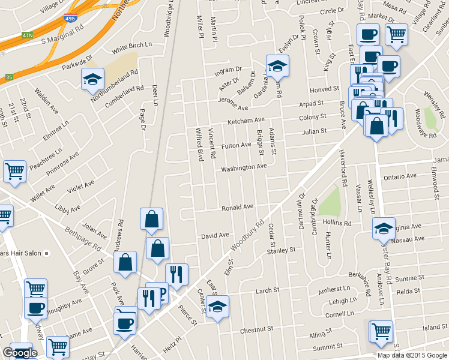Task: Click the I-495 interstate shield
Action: click(x=70, y=19)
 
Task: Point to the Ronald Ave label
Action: click(x=237, y=208)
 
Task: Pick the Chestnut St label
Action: click(x=256, y=329)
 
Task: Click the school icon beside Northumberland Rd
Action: click(x=92, y=80)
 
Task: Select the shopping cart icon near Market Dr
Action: click(x=396, y=35)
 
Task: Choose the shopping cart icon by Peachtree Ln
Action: click(x=14, y=172)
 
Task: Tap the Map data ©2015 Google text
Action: click(x=412, y=355)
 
